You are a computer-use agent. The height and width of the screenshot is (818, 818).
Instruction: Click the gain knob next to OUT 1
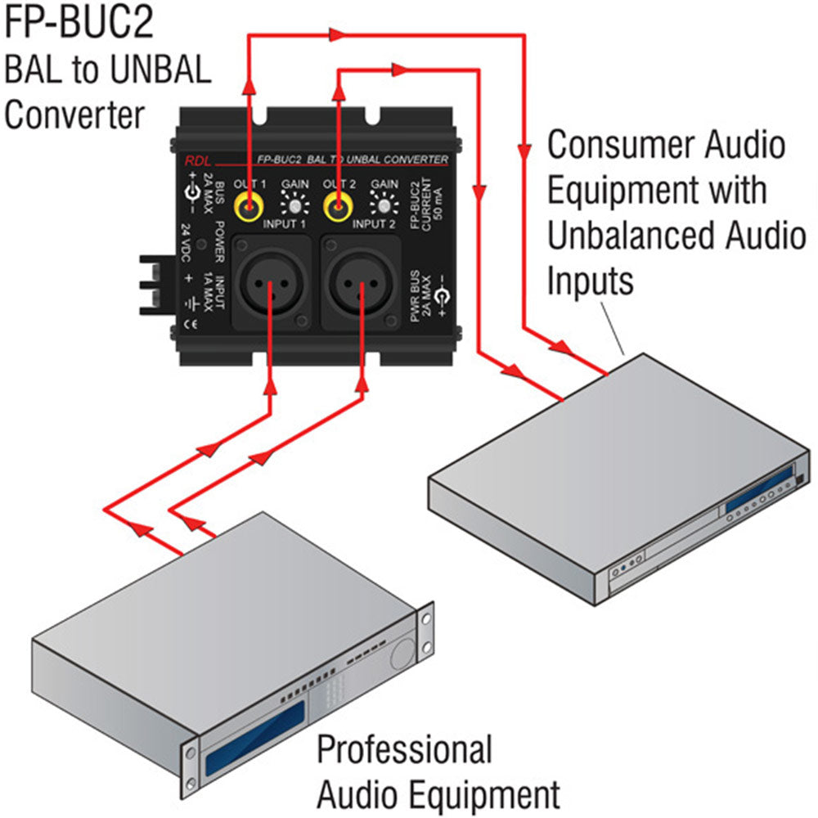(x=294, y=204)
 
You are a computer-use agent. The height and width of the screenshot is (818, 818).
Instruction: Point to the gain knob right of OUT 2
(x=383, y=204)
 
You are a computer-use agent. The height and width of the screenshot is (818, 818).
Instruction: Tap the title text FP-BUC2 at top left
(x=79, y=25)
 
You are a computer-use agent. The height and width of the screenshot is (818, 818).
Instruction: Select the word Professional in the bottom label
(x=404, y=749)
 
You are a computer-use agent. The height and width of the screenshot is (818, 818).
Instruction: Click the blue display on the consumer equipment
(x=760, y=490)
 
